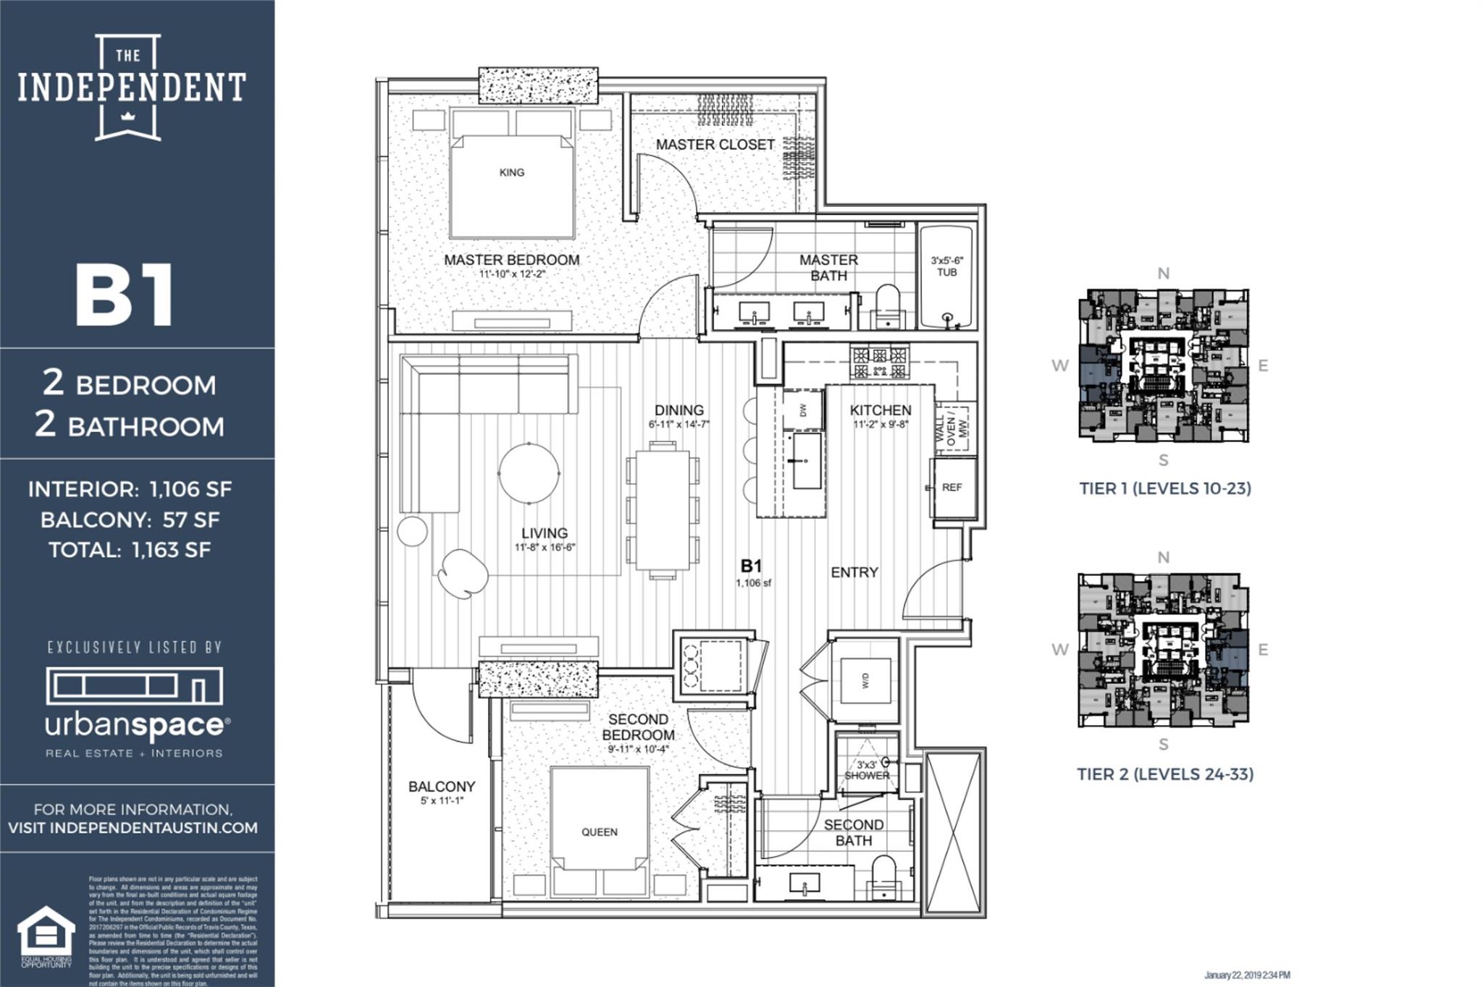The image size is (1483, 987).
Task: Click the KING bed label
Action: [x=511, y=172]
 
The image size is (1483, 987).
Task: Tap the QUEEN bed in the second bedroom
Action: [x=599, y=832]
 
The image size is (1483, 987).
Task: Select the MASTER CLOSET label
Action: [x=715, y=145]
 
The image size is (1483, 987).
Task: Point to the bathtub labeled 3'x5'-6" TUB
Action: [x=946, y=276]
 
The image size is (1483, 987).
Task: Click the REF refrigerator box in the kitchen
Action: [x=951, y=488]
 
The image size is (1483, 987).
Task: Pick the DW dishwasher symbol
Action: [x=803, y=410]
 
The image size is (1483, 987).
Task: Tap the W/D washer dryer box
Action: [x=865, y=680]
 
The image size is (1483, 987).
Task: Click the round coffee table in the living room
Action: [x=529, y=473]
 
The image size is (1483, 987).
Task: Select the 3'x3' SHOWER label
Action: [x=866, y=770]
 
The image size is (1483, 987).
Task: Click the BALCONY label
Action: [x=441, y=787]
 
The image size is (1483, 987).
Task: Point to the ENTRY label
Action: [x=854, y=572]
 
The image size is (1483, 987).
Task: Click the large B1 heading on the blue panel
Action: [x=125, y=296]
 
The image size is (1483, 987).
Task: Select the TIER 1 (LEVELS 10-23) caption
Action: [x=1164, y=488]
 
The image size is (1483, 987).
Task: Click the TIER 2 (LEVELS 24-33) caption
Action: [x=1164, y=774]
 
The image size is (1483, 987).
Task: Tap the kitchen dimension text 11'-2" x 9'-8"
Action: [x=881, y=425]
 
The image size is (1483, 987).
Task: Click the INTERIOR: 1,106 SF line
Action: [x=130, y=489]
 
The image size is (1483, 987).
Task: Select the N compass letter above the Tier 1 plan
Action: [x=1163, y=274]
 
